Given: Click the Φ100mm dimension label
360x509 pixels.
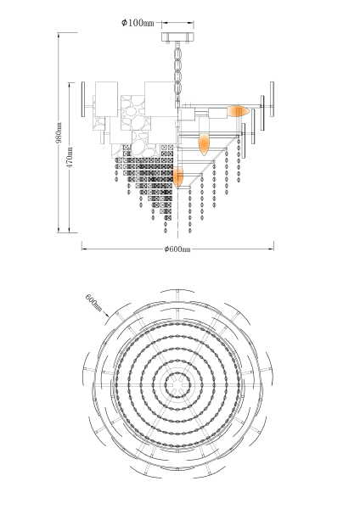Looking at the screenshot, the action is pyautogui.click(x=138, y=23).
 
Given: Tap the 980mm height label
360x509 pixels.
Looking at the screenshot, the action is pyautogui.click(x=59, y=132).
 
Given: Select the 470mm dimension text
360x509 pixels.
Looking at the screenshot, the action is pyautogui.click(x=70, y=157).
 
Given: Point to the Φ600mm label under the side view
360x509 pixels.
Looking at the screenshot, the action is pyautogui.click(x=177, y=249).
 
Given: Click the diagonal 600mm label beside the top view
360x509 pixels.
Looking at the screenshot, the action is pyautogui.click(x=93, y=303).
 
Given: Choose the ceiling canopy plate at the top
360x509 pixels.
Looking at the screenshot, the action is pyautogui.click(x=177, y=36).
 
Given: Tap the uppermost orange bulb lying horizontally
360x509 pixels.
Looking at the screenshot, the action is pyautogui.click(x=238, y=111).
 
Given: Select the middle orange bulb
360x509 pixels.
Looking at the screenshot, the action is pyautogui.click(x=204, y=144).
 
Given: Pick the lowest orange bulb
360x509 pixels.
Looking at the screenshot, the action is pyautogui.click(x=178, y=177).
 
